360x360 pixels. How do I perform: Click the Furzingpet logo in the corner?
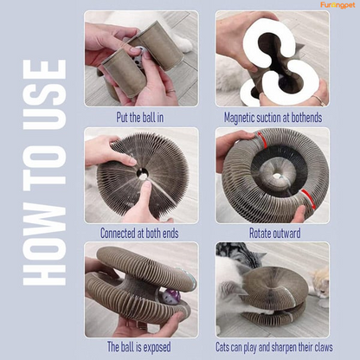coord(337,5)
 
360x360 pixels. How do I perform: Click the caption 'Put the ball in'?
coord(140,118)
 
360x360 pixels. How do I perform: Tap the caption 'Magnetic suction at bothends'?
coord(273,118)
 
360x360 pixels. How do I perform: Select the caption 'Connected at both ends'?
coord(139,233)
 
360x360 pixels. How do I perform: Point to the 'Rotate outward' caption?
coord(274,233)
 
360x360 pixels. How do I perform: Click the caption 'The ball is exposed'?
coord(139,347)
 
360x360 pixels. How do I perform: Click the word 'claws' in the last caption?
coord(322,347)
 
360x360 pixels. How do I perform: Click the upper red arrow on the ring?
coord(262,139)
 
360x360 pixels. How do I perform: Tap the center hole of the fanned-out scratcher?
coord(143,174)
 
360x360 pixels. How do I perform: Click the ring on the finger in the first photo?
coord(171,91)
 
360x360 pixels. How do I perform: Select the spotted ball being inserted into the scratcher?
coord(138,55)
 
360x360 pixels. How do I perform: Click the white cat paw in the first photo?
coord(184,44)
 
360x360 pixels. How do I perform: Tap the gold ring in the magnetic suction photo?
coord(318,100)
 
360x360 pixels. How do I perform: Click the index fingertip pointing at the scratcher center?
coord(147,186)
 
